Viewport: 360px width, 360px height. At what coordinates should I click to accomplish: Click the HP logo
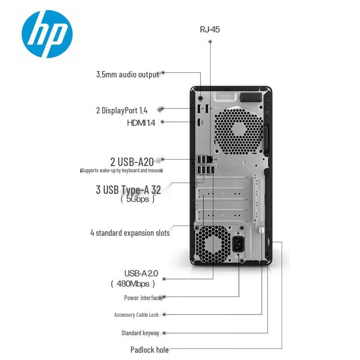pos(47,34)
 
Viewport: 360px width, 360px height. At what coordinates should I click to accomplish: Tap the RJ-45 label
pos(210,30)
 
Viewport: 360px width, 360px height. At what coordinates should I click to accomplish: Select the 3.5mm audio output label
pos(127,74)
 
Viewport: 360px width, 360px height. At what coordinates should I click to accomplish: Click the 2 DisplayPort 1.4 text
pos(121,110)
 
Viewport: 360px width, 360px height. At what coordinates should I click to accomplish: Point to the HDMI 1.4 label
pos(141,122)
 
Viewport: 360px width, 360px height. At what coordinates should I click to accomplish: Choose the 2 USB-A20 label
pos(132,161)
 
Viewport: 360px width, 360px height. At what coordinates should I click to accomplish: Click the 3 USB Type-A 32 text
pos(128,190)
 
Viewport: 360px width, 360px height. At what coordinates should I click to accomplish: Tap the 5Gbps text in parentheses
pos(138,199)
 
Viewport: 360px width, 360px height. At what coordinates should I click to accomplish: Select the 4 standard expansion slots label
pos(130,233)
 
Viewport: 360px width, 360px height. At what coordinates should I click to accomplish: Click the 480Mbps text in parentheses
pos(133,283)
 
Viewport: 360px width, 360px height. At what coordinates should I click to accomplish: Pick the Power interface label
pos(142,297)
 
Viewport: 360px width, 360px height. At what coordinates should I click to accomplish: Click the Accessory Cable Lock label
pos(136,315)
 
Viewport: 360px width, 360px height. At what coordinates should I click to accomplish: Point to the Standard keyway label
pos(140,333)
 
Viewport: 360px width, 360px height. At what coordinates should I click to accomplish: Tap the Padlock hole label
pos(149,350)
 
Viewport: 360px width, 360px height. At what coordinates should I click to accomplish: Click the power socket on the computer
pos(238,245)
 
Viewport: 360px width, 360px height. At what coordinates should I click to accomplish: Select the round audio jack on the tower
pos(200,96)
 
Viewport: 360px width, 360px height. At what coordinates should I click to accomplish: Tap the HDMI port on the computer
pos(198,122)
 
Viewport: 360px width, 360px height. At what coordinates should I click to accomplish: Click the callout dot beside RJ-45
pos(210,41)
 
